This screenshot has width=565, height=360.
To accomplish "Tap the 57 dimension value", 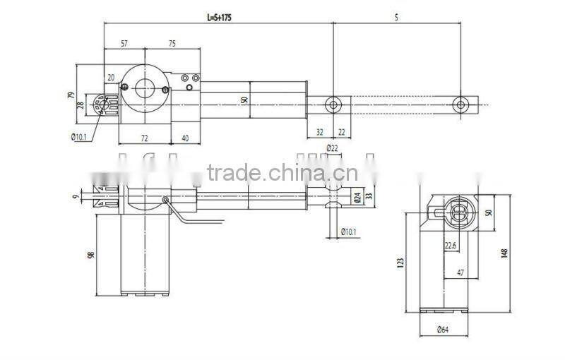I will click(124, 43).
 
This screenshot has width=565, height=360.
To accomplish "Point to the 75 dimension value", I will click(172, 43).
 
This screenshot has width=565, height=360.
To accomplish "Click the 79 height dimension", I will click(71, 95).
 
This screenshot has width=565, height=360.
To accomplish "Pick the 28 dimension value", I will click(81, 105).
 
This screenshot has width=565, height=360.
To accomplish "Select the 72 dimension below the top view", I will click(144, 138).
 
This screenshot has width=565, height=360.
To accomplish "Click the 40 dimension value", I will click(184, 138).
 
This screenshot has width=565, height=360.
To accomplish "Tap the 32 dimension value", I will click(319, 131).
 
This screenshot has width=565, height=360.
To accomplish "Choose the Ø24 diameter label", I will click(357, 198).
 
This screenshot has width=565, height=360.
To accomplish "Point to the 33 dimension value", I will click(368, 198).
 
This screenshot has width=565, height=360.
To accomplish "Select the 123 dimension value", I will click(400, 263).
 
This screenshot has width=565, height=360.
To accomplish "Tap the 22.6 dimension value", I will click(451, 246).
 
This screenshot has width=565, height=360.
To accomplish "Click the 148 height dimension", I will click(504, 251).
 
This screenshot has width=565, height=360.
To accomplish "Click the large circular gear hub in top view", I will click(145, 88).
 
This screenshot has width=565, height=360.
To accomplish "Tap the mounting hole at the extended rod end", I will click(460, 105).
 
